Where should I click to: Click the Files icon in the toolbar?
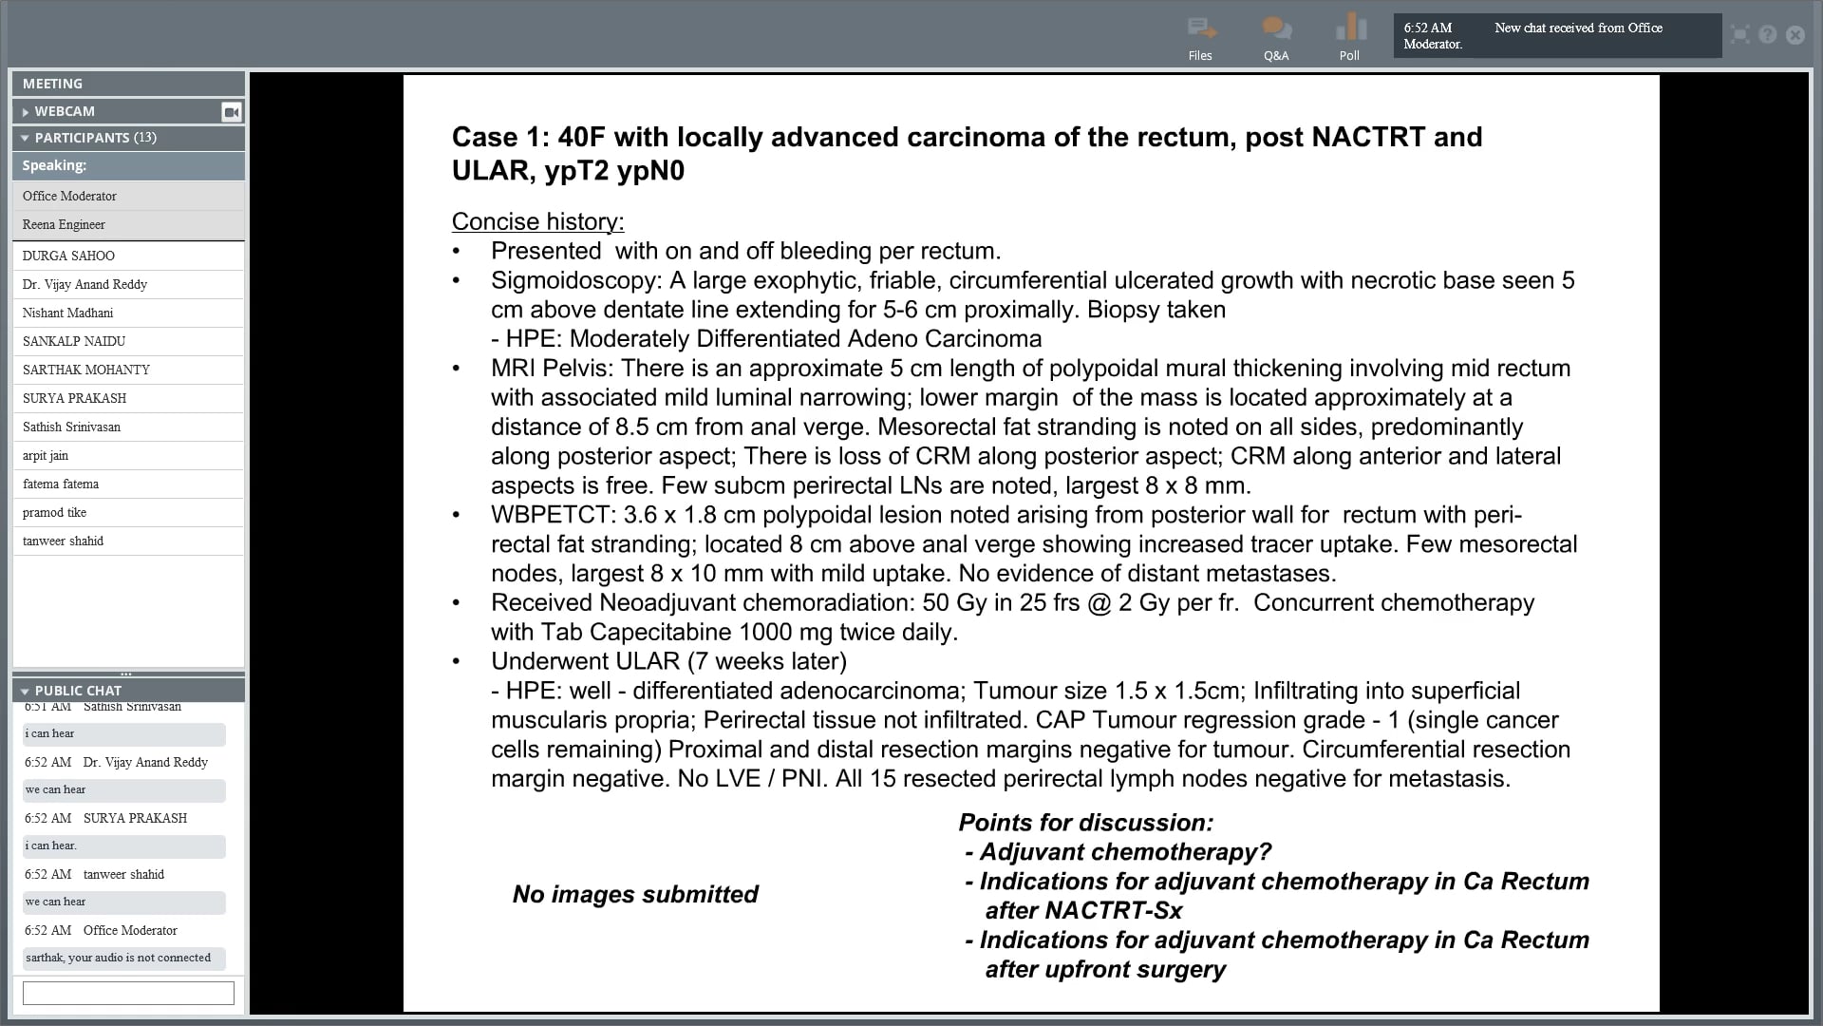point(1201,30)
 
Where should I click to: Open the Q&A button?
point(1276,30)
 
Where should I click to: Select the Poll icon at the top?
point(1350,28)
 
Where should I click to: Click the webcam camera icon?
point(231,112)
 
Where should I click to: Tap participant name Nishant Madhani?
point(67,313)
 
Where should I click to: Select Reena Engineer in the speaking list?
point(64,224)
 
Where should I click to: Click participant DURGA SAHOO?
point(68,256)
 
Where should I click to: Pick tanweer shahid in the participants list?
point(63,541)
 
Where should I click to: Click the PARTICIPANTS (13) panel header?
point(95,138)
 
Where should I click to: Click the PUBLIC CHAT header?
point(78,691)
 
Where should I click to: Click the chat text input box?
point(128,993)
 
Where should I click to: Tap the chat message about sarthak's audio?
point(119,958)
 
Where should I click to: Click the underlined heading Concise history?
point(537,221)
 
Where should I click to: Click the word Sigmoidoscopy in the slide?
point(575,280)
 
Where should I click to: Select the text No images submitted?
point(635,894)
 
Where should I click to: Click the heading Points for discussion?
point(1085,823)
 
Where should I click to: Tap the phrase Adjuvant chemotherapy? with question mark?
point(1125,852)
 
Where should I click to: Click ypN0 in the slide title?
point(650,171)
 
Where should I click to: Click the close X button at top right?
point(1795,35)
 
